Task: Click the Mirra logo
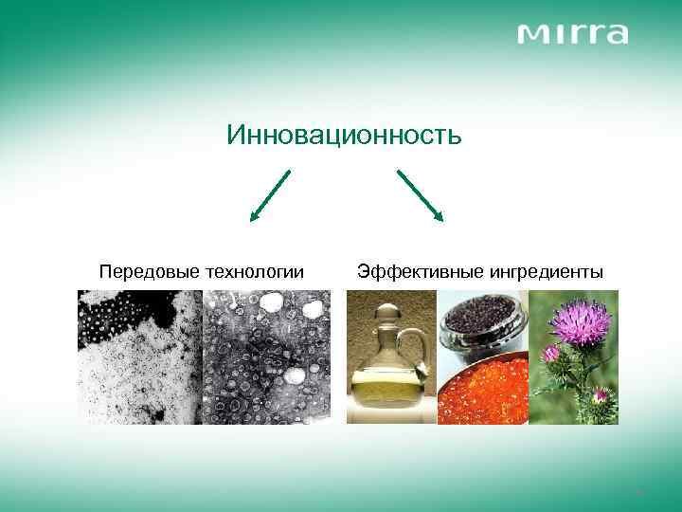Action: click(572, 34)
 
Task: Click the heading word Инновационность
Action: click(344, 136)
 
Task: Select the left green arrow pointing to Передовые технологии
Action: click(269, 195)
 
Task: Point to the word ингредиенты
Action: click(546, 272)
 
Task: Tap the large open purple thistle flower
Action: click(580, 323)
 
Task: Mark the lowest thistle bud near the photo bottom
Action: click(601, 396)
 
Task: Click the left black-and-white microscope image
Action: click(140, 357)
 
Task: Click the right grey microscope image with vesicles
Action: click(266, 357)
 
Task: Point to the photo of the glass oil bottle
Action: click(391, 357)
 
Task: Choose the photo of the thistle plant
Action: click(573, 357)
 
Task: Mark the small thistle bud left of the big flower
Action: click(550, 354)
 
